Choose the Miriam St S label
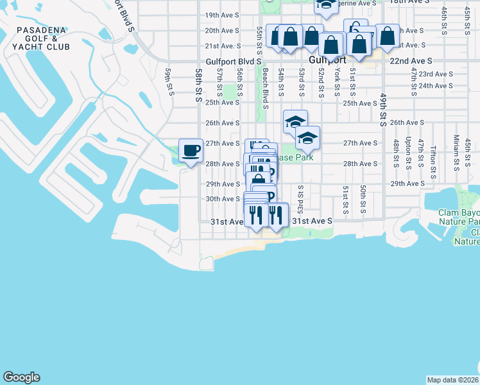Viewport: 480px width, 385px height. point(456,151)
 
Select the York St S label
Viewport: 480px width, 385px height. point(337,81)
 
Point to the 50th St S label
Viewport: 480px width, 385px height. point(363,200)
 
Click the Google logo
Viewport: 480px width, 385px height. point(21,377)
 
